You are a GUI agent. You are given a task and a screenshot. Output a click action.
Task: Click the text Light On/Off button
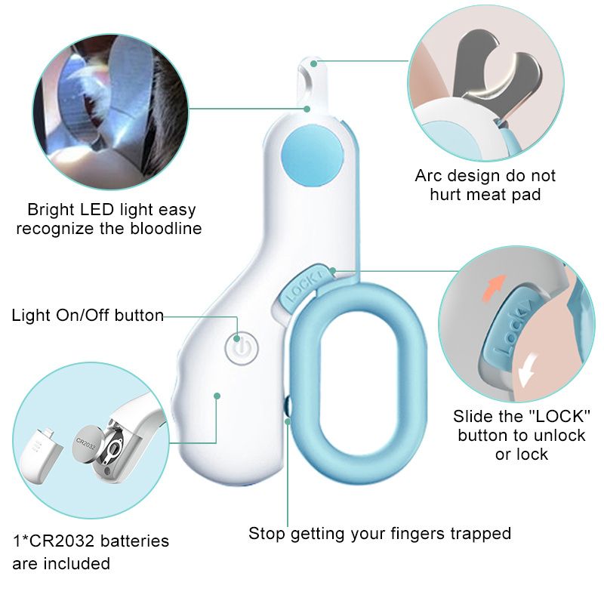pos(88,315)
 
